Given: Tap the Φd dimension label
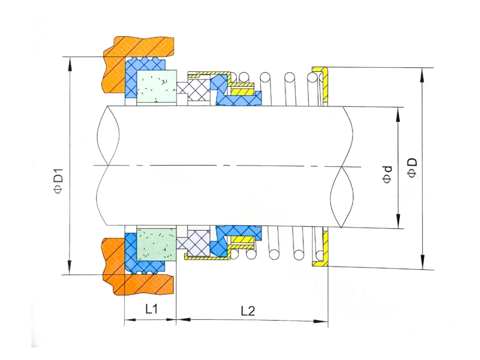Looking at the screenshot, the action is click(388, 175).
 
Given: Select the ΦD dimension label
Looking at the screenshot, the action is click(412, 168).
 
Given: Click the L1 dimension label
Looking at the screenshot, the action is click(151, 309).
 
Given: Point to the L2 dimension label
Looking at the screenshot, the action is click(247, 311).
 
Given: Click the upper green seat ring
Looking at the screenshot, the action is click(157, 86).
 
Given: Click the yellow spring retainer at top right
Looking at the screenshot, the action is click(324, 84).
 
